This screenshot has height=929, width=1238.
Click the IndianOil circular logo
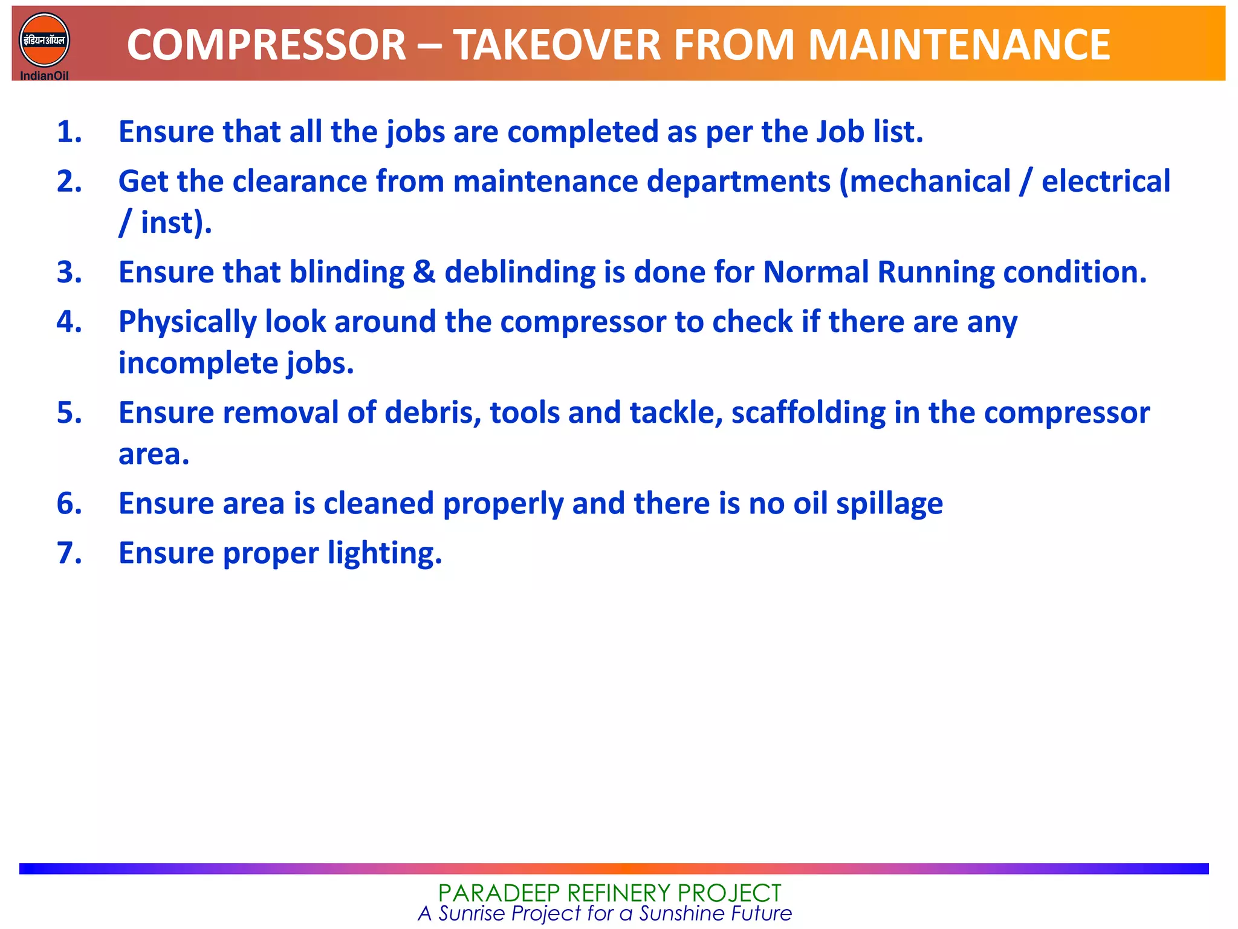click(44, 41)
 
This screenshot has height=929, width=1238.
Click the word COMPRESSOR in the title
click(266, 45)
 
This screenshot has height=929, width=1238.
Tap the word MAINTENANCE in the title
click(959, 45)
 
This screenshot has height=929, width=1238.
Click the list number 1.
click(69, 132)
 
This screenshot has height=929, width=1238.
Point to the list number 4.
click(69, 322)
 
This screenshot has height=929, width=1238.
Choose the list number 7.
click(69, 553)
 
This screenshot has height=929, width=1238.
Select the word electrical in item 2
click(1106, 181)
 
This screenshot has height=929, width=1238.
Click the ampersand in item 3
click(424, 272)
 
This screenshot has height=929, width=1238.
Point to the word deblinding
click(520, 272)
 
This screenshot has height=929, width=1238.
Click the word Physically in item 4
click(187, 322)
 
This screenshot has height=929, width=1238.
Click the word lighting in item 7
click(384, 553)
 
